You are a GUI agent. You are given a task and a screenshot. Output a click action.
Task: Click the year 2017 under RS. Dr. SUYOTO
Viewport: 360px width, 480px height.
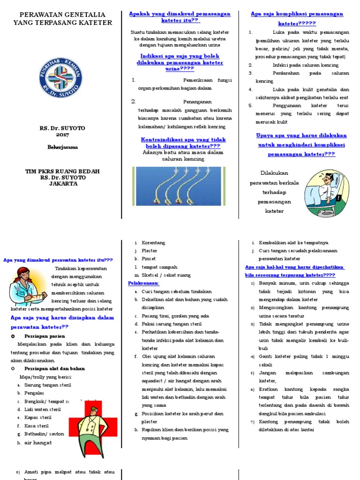coord(62,135)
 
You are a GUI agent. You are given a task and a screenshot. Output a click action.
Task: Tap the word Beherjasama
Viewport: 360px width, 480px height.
coord(62,147)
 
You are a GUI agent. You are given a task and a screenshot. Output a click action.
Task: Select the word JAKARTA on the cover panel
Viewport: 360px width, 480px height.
coord(62,183)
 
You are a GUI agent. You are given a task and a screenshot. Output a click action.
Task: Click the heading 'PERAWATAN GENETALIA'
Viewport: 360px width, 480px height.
coord(62,15)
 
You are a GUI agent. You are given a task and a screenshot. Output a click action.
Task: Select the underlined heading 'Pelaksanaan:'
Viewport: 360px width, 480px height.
coord(144,283)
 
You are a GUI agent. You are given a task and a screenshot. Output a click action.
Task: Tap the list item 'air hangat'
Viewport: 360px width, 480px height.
coord(38,442)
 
